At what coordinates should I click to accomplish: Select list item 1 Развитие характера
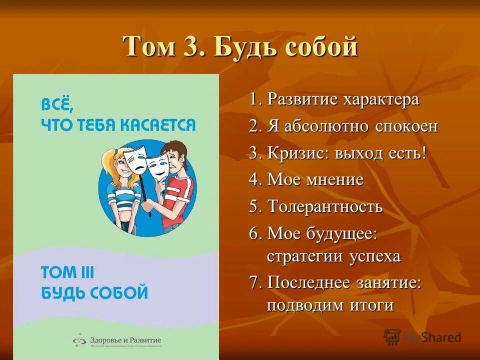[334, 99]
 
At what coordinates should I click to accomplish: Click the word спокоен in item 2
[406, 126]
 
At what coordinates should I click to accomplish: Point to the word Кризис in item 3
[295, 153]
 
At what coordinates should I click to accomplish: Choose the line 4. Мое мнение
[306, 179]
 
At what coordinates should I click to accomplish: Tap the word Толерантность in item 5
[325, 206]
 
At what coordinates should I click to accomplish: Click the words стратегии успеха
[333, 256]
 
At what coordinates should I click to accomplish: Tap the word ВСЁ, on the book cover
[57, 104]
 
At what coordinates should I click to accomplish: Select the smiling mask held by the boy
[159, 165]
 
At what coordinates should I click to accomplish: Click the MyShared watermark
[422, 337]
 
